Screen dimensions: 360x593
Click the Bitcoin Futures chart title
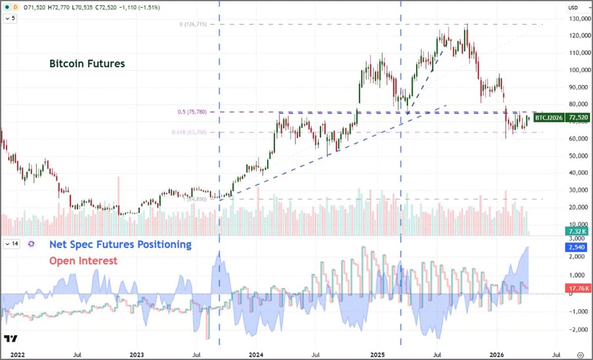pyautogui.click(x=87, y=64)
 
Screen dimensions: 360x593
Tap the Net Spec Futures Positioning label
pyautogui.click(x=120, y=244)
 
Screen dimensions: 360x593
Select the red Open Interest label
pyautogui.click(x=83, y=261)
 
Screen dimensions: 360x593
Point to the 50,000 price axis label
pyautogui.click(x=579, y=156)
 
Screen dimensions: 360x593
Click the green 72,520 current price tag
pyautogui.click(x=579, y=118)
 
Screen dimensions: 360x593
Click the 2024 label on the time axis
pyautogui.click(x=256, y=355)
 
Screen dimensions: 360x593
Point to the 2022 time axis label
pyautogui.click(x=17, y=355)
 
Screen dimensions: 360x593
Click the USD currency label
pyautogui.click(x=573, y=7)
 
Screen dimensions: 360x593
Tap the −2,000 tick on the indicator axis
pyautogui.click(x=579, y=330)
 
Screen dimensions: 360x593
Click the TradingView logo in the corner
pyautogui.click(x=10, y=339)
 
